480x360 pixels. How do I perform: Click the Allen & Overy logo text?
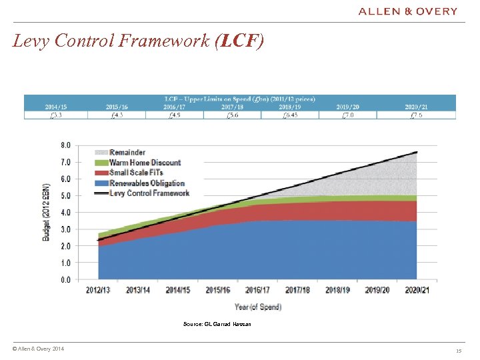(408, 11)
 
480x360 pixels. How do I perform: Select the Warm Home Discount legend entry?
(145, 162)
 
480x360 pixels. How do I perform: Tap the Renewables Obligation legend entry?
(147, 183)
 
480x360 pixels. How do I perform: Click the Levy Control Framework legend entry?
(149, 193)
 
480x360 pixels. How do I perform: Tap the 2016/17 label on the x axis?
(257, 291)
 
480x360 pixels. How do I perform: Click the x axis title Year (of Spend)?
(257, 307)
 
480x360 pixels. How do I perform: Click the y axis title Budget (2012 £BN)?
(47, 213)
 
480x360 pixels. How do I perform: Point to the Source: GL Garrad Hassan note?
(217, 324)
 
